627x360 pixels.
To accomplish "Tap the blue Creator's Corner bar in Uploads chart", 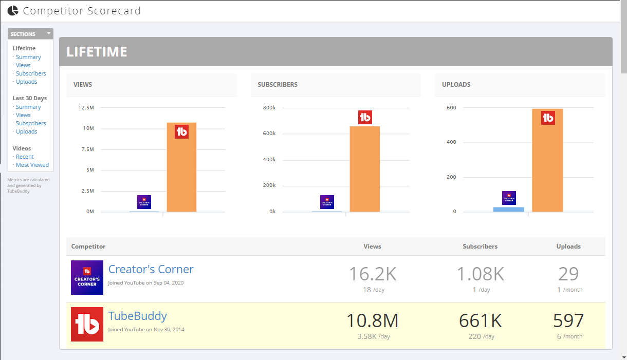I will click(x=509, y=210).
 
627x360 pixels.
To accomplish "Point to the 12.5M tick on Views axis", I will click(x=86, y=108).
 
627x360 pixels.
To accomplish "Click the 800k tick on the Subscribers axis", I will click(x=269, y=108).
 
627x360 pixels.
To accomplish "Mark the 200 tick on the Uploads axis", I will click(x=451, y=177).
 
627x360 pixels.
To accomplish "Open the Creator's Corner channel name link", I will click(x=151, y=269).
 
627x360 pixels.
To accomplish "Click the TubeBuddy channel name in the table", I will click(x=137, y=316).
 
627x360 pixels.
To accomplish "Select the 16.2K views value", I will click(x=373, y=274).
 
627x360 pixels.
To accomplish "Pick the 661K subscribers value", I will click(x=480, y=320).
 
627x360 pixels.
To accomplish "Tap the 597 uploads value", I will click(x=568, y=320).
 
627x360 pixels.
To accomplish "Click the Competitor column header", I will click(x=88, y=247).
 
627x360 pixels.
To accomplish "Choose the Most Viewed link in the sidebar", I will click(x=32, y=165).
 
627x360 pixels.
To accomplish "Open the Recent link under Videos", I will click(x=25, y=157).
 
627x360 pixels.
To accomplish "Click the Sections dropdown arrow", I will click(x=49, y=33).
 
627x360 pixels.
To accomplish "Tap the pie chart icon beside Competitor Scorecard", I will click(x=13, y=10).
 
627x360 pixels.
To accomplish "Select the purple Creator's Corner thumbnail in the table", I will click(x=87, y=277).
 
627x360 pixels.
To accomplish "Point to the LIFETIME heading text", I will click(x=97, y=52).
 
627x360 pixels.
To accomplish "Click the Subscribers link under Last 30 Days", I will click(x=31, y=123).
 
